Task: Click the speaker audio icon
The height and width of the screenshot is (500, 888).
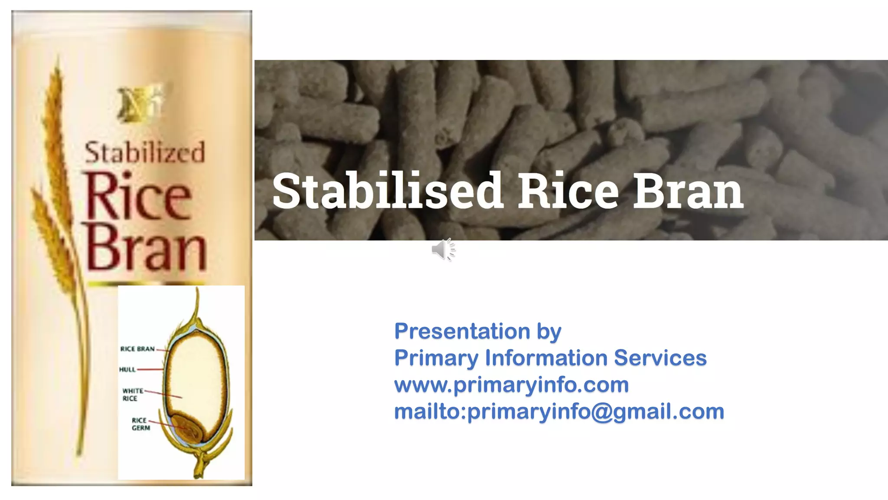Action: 443,250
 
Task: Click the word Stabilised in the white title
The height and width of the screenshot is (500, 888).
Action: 387,191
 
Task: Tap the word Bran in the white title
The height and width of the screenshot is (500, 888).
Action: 688,191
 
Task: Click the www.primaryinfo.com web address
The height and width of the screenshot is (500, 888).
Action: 511,385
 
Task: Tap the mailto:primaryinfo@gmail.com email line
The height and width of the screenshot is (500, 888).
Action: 559,411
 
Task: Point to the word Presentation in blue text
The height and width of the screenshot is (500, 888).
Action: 462,332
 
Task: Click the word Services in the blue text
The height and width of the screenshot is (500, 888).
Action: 660,358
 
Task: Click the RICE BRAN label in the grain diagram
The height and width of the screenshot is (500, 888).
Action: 137,349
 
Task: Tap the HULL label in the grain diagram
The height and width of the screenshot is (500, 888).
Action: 127,369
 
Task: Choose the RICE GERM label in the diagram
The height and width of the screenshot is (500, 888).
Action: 140,424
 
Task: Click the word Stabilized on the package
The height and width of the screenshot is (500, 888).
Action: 144,153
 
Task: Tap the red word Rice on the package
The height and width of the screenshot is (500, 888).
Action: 138,197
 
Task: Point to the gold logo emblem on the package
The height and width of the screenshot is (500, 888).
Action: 140,103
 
